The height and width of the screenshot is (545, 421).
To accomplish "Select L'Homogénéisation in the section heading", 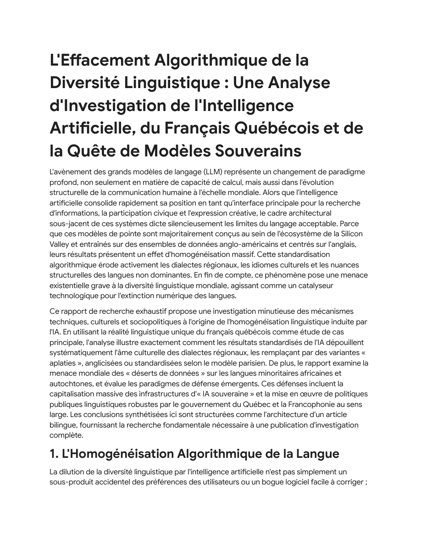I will (121, 454).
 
